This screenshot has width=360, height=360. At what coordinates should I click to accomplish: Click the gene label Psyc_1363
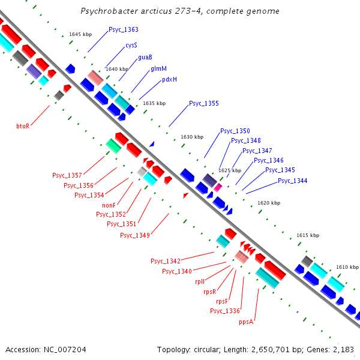click(124, 29)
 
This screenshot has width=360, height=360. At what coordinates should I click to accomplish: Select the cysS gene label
click(131, 45)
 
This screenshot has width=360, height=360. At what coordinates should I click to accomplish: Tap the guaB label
click(145, 57)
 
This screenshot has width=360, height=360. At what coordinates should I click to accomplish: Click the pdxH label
click(169, 80)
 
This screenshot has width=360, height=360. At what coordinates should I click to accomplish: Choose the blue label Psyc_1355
click(204, 103)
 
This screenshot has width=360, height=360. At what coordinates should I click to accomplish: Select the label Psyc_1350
click(235, 131)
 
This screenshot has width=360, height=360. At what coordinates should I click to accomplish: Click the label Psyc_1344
click(293, 181)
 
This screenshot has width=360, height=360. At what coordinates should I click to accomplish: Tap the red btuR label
click(23, 126)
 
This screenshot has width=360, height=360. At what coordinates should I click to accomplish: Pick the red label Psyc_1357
click(67, 175)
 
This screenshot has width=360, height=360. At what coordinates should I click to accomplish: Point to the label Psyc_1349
click(134, 235)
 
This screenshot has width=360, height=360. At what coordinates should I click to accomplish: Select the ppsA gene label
click(246, 322)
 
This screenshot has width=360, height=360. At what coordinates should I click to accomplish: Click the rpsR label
click(209, 292)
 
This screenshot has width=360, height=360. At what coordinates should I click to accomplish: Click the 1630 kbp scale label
click(192, 137)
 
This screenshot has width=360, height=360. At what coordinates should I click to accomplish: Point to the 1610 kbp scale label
click(347, 266)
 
